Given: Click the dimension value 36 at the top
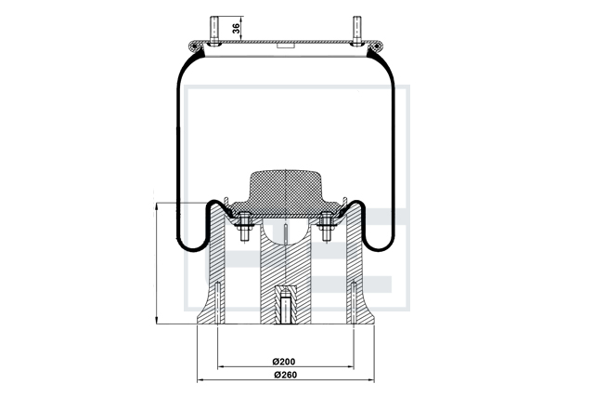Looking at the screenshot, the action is (236, 29).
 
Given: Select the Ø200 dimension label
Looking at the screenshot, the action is (284, 362).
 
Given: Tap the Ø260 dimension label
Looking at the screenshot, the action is (285, 375).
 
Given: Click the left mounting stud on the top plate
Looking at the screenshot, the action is (214, 31).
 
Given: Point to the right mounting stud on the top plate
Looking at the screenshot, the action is (356, 31).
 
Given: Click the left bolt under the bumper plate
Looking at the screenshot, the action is (245, 227).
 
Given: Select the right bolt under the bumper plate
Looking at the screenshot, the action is (327, 227).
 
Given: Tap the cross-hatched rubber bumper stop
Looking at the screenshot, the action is (285, 194).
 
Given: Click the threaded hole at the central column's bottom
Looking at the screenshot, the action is (286, 307).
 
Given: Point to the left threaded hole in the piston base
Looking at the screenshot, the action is (217, 303).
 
